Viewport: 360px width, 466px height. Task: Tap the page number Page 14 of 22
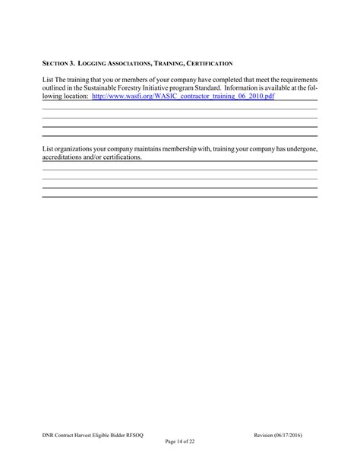tap(179, 442)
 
